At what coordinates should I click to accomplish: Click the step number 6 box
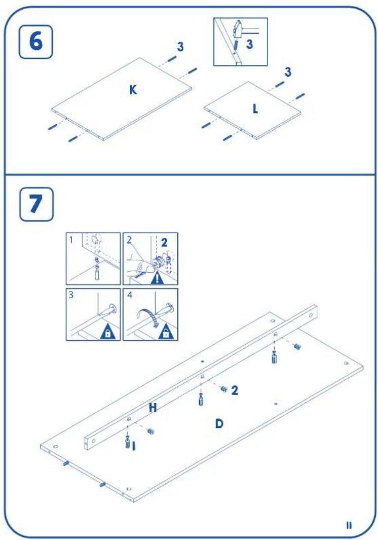tap(35, 43)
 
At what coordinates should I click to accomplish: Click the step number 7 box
tap(36, 204)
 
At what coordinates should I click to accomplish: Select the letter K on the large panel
tap(133, 90)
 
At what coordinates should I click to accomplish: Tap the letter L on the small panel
tap(255, 109)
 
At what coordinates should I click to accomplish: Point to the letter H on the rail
tap(153, 408)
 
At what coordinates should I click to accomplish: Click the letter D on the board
tap(219, 423)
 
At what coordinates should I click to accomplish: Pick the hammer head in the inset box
tap(237, 29)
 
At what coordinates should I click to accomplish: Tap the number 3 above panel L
tap(288, 72)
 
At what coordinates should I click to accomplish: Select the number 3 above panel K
tap(180, 47)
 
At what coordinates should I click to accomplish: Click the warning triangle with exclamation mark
tap(157, 277)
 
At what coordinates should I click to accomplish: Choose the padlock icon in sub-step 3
tap(107, 332)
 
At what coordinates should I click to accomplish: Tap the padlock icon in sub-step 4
tap(166, 332)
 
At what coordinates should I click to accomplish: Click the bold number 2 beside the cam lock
tap(235, 390)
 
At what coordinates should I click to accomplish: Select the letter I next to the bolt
tap(134, 446)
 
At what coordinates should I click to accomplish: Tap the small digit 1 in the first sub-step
tap(71, 239)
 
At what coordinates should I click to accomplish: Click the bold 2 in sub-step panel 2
tap(164, 242)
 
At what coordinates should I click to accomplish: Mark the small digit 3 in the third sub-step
tap(71, 295)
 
